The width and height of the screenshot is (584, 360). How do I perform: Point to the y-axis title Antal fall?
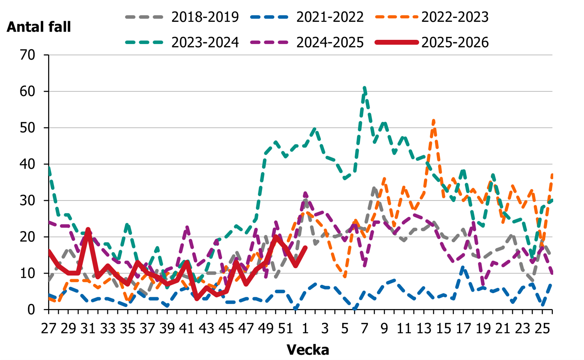(x=39, y=27)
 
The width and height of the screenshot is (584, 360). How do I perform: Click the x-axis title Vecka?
(x=308, y=350)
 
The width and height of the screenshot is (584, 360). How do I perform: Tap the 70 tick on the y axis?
(x=28, y=55)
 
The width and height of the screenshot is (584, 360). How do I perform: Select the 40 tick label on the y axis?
(x=28, y=164)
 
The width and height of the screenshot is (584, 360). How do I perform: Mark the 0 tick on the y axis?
(x=32, y=309)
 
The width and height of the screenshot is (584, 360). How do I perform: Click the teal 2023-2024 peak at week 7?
(x=364, y=88)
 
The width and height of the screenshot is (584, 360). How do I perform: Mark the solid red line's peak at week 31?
(x=88, y=229)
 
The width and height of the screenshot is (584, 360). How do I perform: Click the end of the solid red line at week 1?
(x=306, y=247)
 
